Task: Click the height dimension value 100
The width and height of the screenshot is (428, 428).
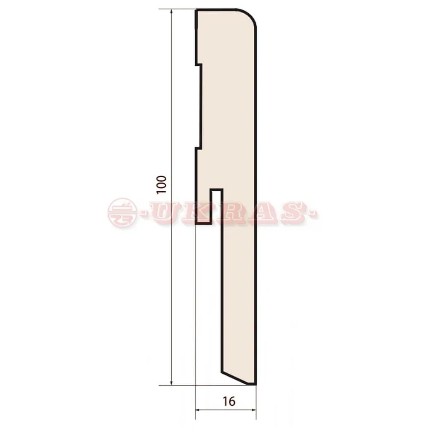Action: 161,185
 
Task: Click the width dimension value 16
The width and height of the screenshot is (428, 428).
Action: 229,401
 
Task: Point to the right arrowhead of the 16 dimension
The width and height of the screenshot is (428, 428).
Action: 253,410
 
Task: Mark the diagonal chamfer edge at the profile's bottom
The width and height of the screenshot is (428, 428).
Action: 235,378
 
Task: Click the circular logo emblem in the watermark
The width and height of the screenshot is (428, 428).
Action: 122,213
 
